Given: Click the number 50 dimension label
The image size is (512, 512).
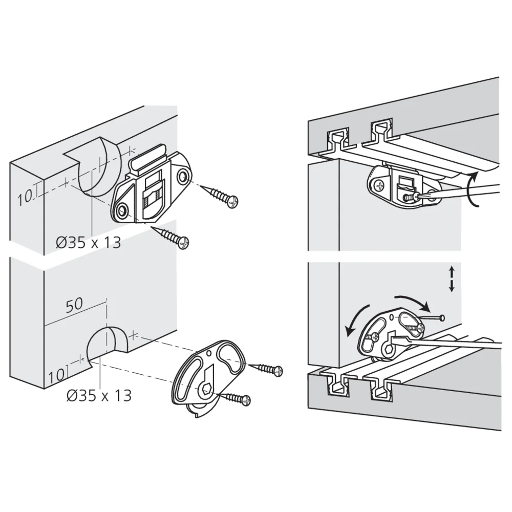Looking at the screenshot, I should coord(74,304).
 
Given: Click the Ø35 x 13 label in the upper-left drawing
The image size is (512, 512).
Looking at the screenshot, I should coord(89,242).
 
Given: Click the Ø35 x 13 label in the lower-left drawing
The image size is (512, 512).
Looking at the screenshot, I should coord(99,395).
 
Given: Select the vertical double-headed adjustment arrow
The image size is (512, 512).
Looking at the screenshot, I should coord(452,279).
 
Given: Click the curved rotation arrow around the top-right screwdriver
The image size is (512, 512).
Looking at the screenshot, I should coord(475,189).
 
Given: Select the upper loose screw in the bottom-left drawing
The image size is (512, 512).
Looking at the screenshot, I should coord(265,368).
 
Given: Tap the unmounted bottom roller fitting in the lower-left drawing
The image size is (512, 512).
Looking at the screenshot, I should coord(207,376).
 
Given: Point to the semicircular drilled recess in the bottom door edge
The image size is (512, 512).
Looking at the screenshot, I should coord(108,344).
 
